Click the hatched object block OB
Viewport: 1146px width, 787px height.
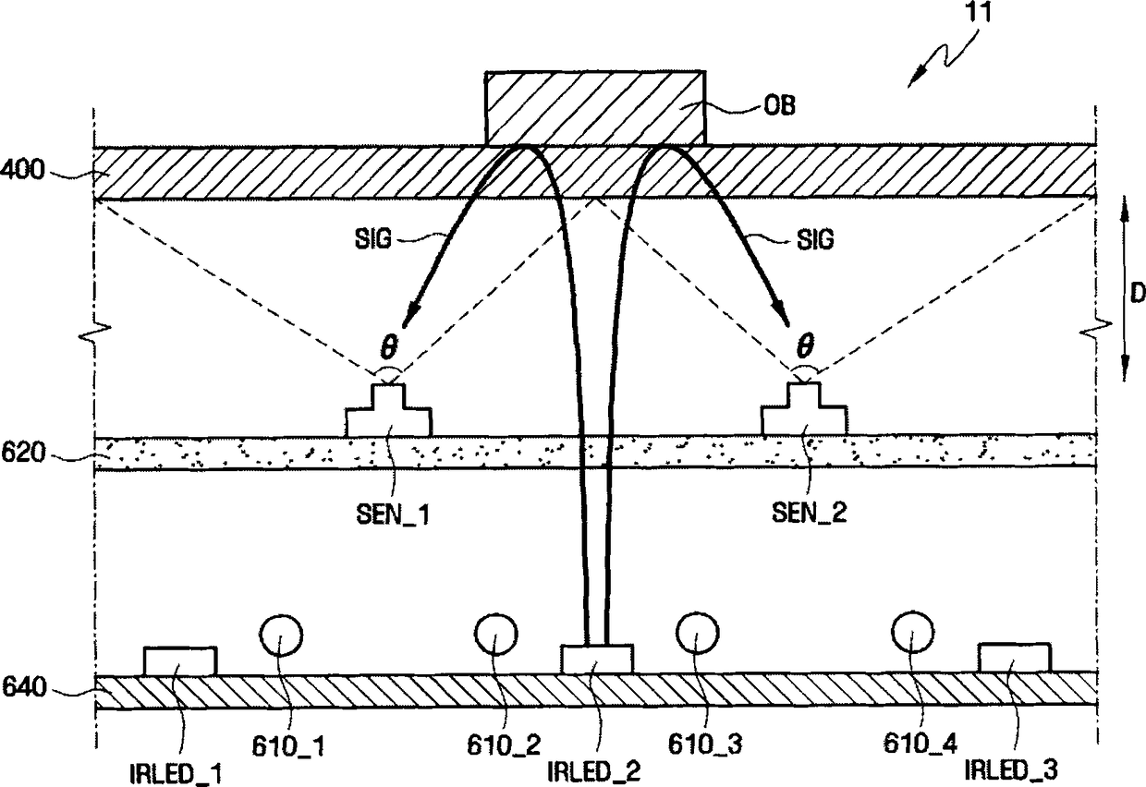(595, 107)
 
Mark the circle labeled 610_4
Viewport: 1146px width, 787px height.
(913, 633)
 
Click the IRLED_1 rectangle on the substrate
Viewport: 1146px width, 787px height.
(180, 661)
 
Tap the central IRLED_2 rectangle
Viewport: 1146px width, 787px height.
(597, 659)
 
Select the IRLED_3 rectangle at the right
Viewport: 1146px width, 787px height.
(1014, 658)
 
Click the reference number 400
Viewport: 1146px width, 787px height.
(20, 171)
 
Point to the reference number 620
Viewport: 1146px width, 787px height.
(20, 454)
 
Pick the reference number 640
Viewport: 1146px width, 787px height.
(20, 687)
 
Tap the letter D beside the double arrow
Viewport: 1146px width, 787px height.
(1138, 292)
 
